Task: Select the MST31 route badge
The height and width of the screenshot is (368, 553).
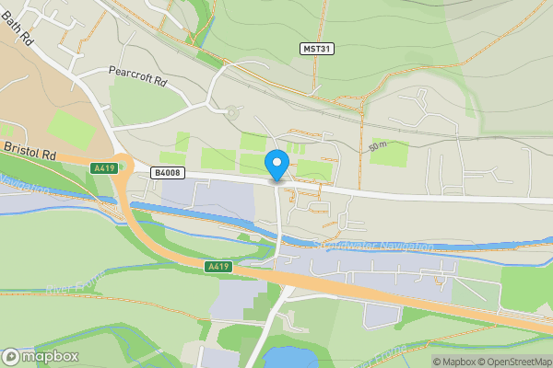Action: (315, 48)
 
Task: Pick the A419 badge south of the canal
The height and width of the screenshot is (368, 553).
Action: (218, 266)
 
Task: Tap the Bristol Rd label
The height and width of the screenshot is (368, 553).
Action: (30, 152)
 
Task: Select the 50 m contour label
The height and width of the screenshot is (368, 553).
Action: (375, 146)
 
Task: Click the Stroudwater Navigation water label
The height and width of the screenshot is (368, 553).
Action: (373, 246)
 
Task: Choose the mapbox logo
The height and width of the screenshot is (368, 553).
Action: (41, 356)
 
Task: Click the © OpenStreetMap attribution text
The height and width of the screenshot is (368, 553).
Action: (514, 362)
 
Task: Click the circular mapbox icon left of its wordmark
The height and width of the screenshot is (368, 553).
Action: (11, 356)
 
